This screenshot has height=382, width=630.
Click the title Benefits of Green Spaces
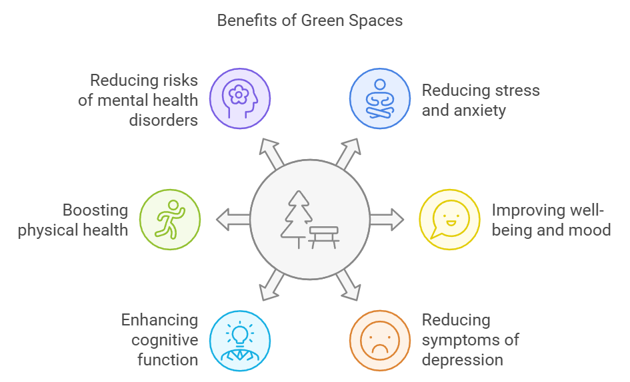[x=310, y=20]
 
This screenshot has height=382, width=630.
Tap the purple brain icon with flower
[x=240, y=98]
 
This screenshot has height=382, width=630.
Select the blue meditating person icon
[x=380, y=98]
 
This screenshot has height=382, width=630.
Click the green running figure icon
[x=170, y=220]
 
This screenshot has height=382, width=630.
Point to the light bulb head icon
[x=240, y=341]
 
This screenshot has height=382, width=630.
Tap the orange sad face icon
[x=380, y=341]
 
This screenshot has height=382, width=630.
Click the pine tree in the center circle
[x=297, y=216]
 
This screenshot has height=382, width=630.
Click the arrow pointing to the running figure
[x=231, y=220]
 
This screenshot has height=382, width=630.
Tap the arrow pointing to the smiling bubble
[x=388, y=219]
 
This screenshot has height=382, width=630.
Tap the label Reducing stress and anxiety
[x=480, y=100]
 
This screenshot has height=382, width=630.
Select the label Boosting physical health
[x=73, y=220]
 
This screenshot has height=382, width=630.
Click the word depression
[x=462, y=360]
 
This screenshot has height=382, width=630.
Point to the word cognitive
[x=165, y=340]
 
